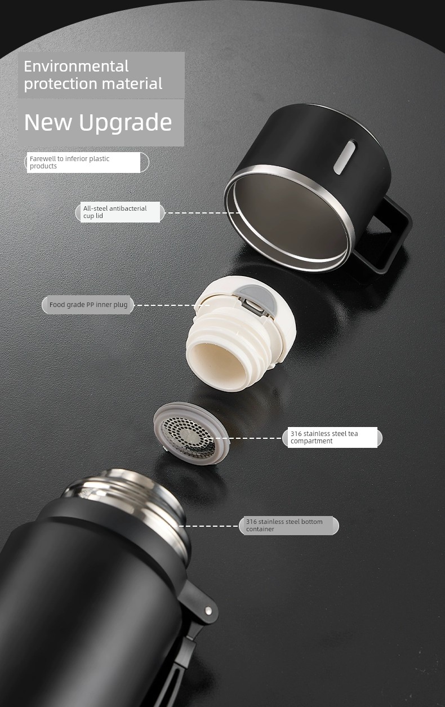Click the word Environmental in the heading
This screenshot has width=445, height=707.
coord(76,66)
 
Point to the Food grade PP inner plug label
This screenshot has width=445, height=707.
coord(88,305)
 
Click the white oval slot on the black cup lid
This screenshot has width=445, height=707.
coord(345,157)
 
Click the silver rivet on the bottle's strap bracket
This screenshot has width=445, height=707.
coord(208,611)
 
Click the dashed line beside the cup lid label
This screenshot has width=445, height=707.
coord(202,213)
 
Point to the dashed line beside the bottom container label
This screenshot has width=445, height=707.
coord(209,526)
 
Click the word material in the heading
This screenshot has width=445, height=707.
coord(132,83)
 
